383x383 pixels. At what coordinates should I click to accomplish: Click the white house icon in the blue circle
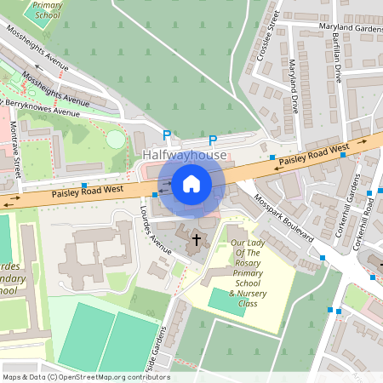[191, 183]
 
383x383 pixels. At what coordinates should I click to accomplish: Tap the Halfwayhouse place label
[185, 156]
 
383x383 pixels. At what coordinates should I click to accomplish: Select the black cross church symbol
[197, 240]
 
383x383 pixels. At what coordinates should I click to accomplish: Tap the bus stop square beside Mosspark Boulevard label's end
[323, 257]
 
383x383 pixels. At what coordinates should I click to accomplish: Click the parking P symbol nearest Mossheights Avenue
[167, 134]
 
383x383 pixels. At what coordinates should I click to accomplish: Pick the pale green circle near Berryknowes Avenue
[114, 139]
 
